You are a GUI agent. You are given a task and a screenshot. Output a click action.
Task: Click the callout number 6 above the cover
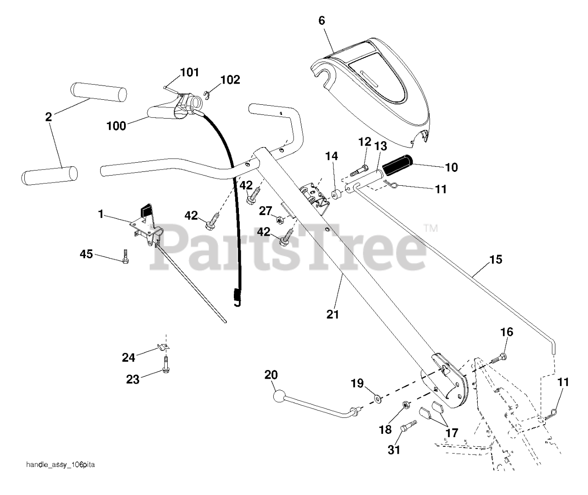[321, 20]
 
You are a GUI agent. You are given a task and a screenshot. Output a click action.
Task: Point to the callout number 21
[333, 314]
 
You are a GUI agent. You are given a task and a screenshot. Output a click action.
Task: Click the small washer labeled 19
[378, 396]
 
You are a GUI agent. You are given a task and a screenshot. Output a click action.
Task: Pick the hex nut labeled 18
[406, 405]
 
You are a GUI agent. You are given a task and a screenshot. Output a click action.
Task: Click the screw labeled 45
[125, 256]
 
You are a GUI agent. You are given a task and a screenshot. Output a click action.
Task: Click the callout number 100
[116, 125]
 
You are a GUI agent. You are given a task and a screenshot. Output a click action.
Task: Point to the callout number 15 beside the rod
[496, 260]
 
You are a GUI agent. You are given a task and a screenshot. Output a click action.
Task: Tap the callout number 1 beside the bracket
[100, 214]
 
